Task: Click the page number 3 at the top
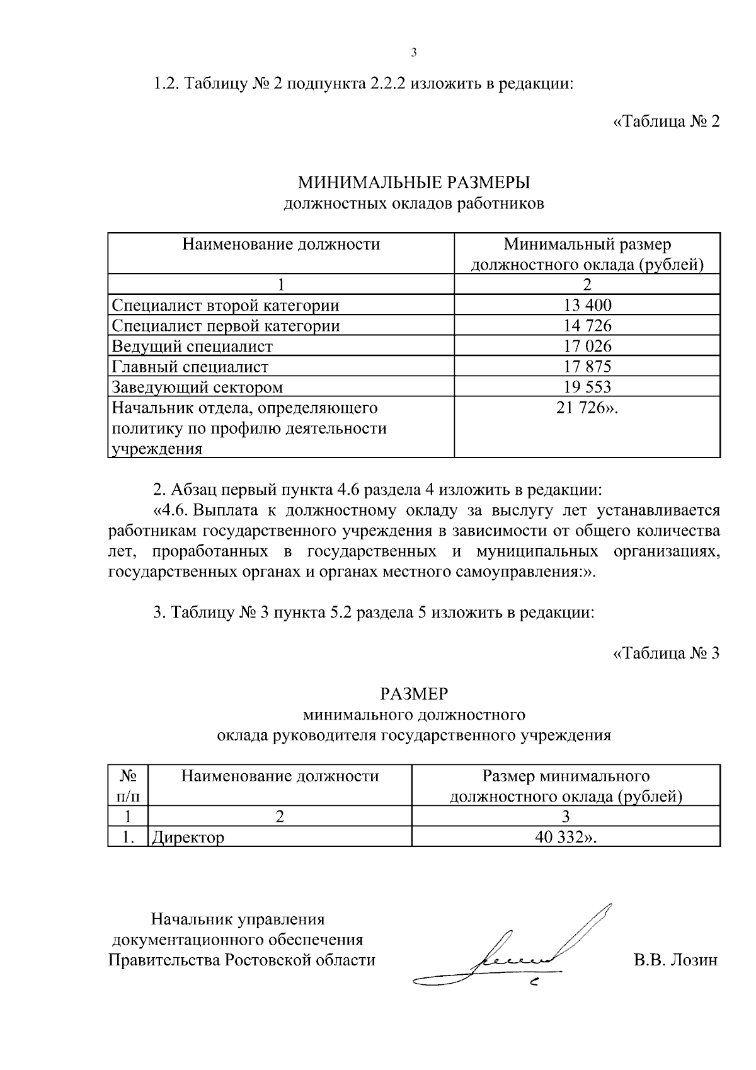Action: coord(413,52)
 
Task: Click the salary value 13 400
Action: coord(587,306)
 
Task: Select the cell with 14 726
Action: coord(587,326)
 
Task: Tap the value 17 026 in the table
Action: coord(587,346)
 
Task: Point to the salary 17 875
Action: coord(587,366)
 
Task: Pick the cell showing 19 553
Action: coord(587,386)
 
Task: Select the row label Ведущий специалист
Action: coord(192,346)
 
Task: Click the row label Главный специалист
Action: coord(190,366)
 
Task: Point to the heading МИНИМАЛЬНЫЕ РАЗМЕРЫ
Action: coord(414,183)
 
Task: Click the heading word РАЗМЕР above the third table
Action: coord(414,694)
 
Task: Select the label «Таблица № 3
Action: coord(666,653)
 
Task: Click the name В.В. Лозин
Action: coord(675,960)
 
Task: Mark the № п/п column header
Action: coord(127,785)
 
